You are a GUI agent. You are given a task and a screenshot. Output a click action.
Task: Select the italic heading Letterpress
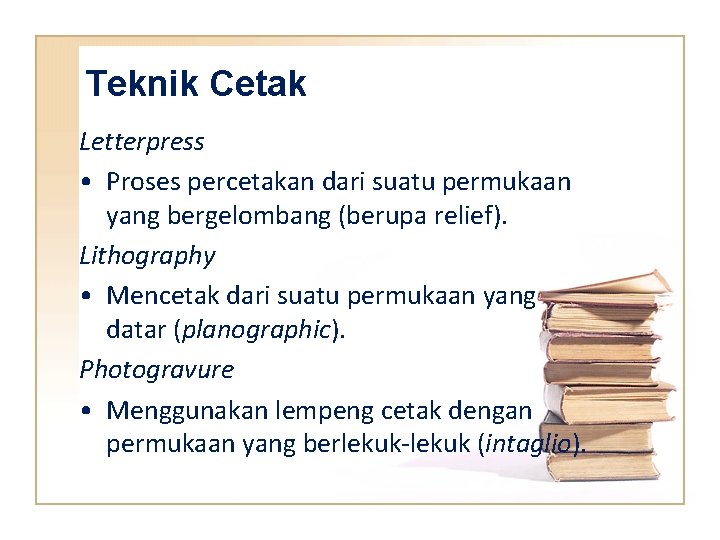142,142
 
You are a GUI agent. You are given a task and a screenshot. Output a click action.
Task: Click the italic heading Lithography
147,256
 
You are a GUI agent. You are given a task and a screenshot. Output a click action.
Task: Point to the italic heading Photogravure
156,370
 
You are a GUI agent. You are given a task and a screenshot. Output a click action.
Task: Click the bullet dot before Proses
89,183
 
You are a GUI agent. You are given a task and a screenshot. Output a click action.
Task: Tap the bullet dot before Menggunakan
89,411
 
